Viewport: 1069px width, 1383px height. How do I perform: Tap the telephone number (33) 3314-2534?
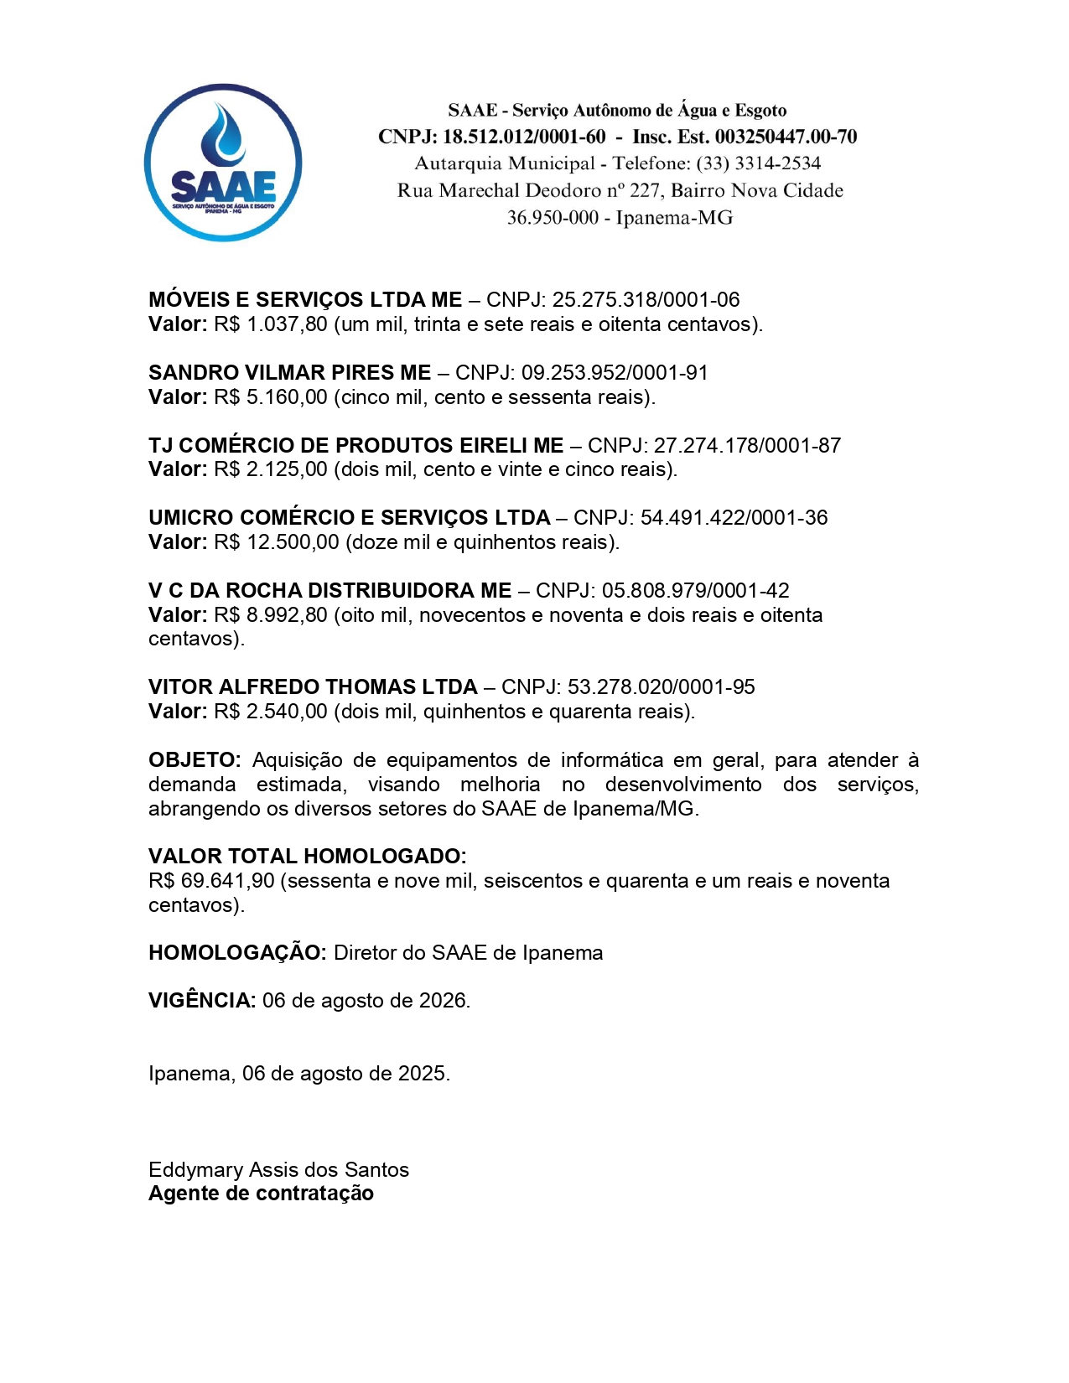tap(758, 163)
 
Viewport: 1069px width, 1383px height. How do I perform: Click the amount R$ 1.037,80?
tap(271, 324)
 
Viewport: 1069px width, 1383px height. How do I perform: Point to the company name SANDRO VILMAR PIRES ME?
tap(289, 372)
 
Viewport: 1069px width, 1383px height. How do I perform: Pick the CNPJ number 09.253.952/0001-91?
tap(615, 372)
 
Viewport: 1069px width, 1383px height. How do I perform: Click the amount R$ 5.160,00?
tap(271, 397)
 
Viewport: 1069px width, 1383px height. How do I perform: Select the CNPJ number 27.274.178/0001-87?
tap(747, 445)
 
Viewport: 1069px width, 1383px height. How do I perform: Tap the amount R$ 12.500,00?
tap(277, 542)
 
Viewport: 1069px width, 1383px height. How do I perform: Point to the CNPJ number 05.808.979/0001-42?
tap(695, 591)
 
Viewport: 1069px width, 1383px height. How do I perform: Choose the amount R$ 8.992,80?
tap(271, 615)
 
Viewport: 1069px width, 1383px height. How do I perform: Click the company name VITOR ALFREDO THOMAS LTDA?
tap(313, 687)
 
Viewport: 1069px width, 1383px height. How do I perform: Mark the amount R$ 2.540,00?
tap(271, 712)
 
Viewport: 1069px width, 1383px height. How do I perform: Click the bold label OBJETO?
tap(195, 760)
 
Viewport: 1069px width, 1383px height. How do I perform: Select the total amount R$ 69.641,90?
tap(211, 881)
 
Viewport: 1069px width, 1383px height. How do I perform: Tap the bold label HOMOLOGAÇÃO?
tap(237, 953)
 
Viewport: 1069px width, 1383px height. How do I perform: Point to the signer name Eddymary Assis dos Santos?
tap(278, 1170)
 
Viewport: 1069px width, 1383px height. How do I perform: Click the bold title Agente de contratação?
tap(261, 1194)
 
